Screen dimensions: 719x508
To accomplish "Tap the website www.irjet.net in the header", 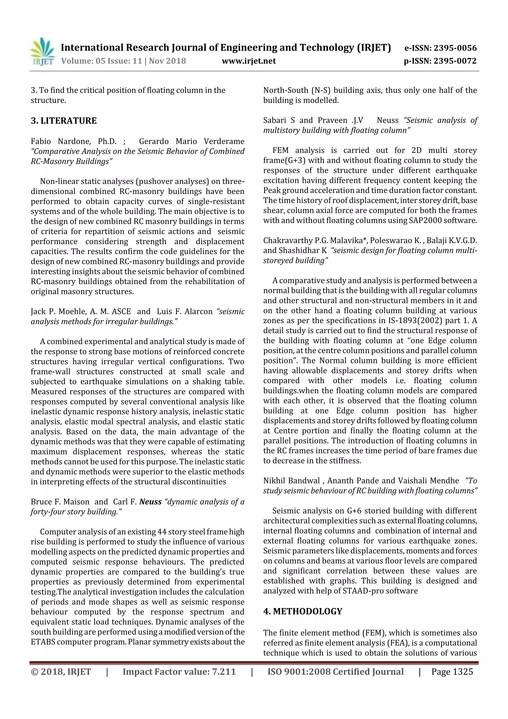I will pos(249,61).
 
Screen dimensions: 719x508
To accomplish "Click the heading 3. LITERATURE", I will pos(64,121).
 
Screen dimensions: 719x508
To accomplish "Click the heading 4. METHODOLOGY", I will pos(303,611).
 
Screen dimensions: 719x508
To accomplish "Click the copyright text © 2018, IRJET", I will pos(61,672).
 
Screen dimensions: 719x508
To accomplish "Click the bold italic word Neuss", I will pos(150,502).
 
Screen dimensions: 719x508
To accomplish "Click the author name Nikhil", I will pos(274,481).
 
